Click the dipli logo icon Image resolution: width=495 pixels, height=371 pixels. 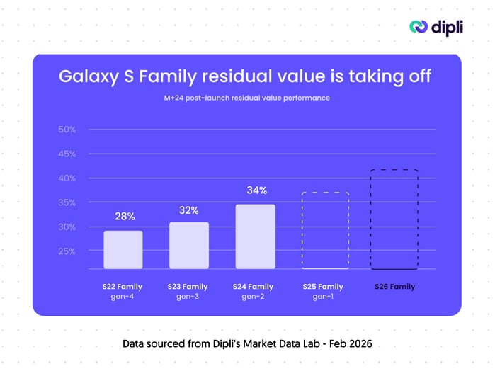[x=419, y=26]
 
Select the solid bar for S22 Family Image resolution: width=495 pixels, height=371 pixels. [x=123, y=249]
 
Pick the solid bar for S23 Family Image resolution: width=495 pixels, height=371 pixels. [x=188, y=245]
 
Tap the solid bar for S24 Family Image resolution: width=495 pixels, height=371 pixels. [x=255, y=236]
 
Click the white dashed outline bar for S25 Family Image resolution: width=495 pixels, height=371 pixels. [x=325, y=230]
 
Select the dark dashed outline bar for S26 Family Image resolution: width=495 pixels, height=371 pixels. [x=394, y=219]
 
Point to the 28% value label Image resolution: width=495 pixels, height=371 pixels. [x=125, y=217]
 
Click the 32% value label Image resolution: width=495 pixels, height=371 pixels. [x=189, y=210]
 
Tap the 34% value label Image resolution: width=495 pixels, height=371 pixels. [x=256, y=190]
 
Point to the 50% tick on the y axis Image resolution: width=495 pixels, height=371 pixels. [x=67, y=130]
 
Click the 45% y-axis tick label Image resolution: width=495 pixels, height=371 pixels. [x=67, y=154]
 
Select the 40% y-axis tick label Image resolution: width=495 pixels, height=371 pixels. [x=67, y=178]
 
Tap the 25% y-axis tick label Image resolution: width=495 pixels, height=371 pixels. [x=67, y=251]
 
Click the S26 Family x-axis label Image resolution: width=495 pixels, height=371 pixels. [x=394, y=287]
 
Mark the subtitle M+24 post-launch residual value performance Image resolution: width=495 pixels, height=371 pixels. [x=246, y=98]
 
